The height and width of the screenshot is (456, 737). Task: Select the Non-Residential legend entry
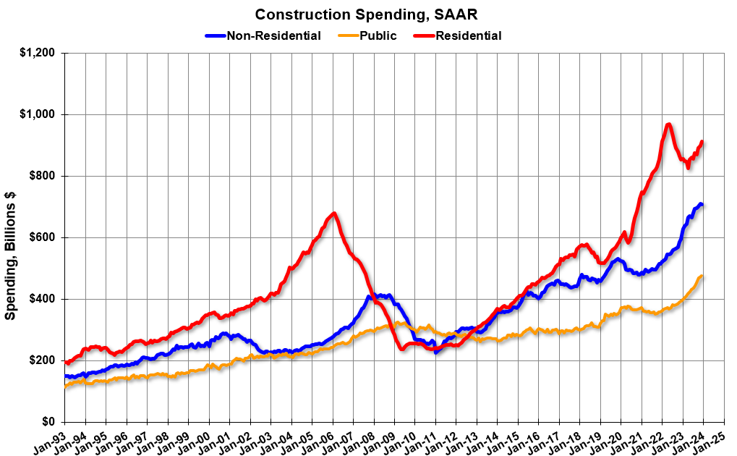(x=273, y=35)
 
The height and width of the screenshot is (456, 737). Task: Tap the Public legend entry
(x=378, y=35)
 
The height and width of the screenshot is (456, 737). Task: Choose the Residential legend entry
(x=468, y=35)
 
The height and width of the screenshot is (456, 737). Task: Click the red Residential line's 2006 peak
(x=333, y=214)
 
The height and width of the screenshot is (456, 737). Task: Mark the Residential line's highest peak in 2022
(x=668, y=124)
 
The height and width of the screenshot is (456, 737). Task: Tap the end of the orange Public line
(x=702, y=276)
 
